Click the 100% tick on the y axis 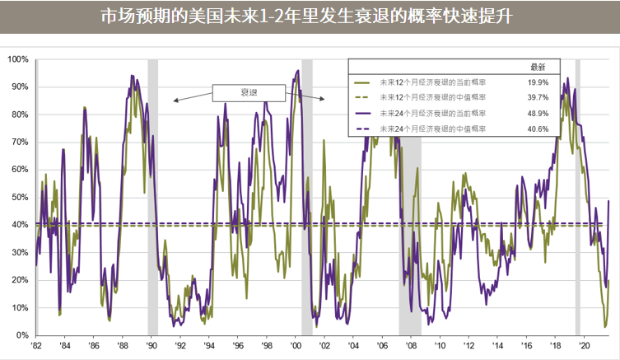[18, 59]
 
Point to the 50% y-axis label [20, 198]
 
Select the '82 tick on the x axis [36, 347]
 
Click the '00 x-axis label [296, 347]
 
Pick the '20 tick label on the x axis [584, 347]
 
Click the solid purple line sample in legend [362, 114]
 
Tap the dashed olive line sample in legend [362, 98]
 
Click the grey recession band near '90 [152, 198]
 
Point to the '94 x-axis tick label [209, 347]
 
